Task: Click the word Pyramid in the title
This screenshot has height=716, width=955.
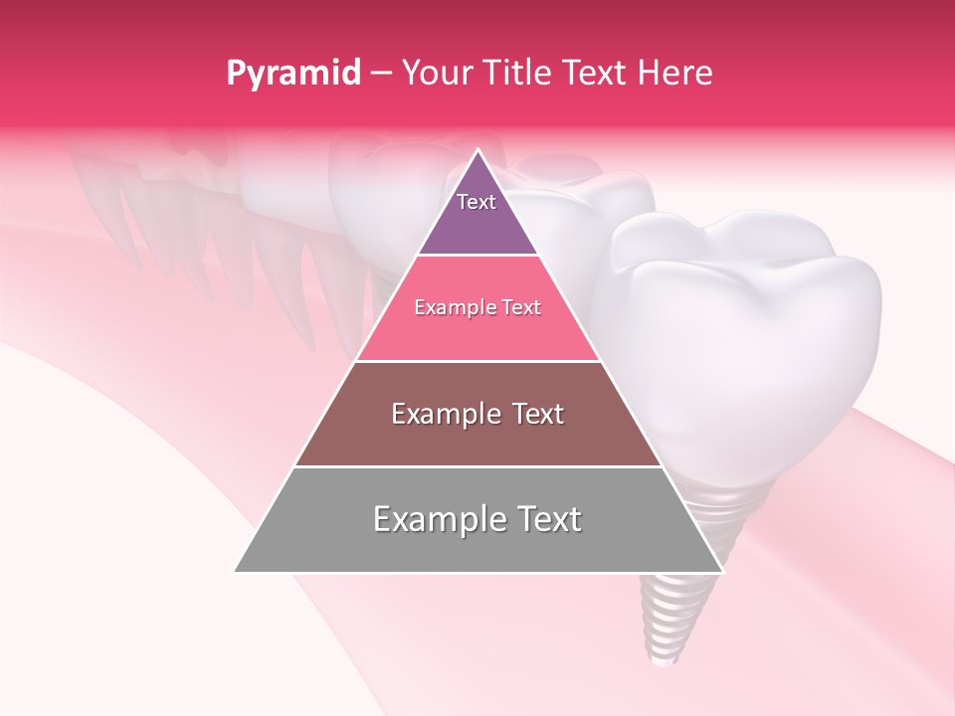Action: pyautogui.click(x=292, y=74)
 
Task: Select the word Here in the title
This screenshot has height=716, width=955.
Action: pyautogui.click(x=674, y=74)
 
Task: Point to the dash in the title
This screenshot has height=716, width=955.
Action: pyautogui.click(x=381, y=74)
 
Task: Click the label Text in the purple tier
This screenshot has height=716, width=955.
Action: pyautogui.click(x=477, y=202)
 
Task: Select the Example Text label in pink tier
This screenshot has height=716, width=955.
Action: pyautogui.click(x=477, y=307)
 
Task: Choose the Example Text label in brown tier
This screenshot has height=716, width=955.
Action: pyautogui.click(x=477, y=414)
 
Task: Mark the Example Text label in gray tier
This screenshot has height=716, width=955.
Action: pyautogui.click(x=477, y=519)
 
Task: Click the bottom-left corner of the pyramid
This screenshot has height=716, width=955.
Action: pyautogui.click(x=236, y=571)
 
